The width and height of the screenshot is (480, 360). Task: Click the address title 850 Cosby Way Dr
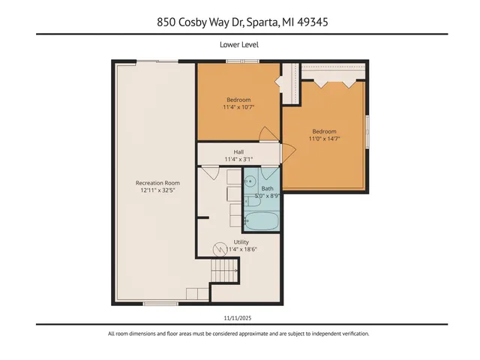point(239,22)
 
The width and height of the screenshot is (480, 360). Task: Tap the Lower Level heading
point(239,45)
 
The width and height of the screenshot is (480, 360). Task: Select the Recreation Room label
point(157,182)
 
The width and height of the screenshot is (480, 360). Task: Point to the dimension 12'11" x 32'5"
point(157,190)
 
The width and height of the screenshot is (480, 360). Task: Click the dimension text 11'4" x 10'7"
point(238,107)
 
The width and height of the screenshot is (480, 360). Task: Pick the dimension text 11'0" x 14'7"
point(324,137)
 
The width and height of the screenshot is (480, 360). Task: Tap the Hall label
point(238,151)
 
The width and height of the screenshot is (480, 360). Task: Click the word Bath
point(267,188)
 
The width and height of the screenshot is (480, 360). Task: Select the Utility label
point(241,242)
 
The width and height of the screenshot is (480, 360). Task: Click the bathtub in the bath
point(262,222)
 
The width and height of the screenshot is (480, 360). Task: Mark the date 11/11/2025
point(239,317)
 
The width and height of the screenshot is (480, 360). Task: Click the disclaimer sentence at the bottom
point(239,334)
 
